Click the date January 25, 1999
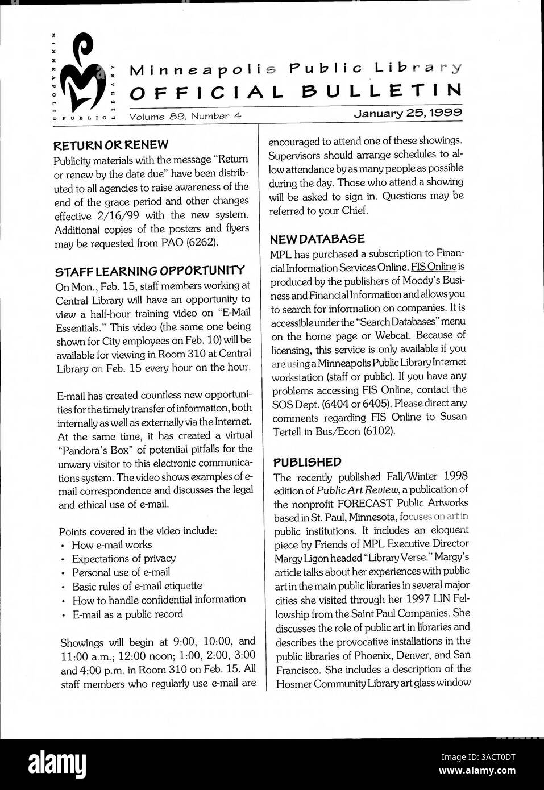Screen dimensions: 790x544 [408, 113]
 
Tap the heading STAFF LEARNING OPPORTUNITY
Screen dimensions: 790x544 [150, 270]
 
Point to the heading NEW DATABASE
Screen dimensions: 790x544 [317, 239]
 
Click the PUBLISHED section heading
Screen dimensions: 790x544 [307, 461]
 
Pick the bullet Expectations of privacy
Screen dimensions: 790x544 [123, 558]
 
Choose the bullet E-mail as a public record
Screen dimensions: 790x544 [127, 614]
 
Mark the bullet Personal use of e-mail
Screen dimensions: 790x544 [121, 572]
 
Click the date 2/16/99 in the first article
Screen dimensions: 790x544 [115, 215]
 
